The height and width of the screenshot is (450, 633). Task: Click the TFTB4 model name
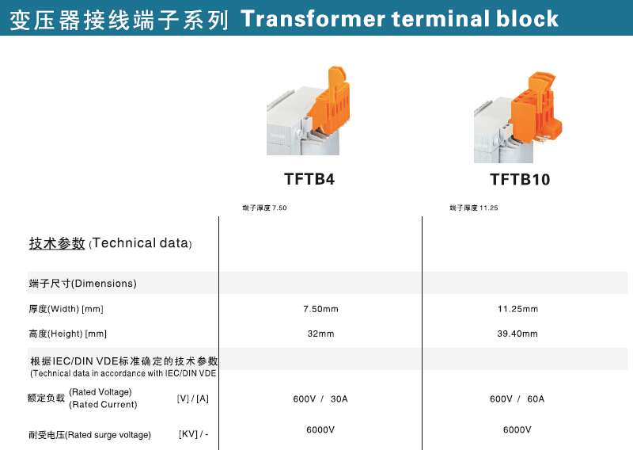[x=309, y=179]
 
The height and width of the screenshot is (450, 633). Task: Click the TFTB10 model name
[x=520, y=179]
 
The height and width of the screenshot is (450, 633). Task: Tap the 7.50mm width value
[x=320, y=309]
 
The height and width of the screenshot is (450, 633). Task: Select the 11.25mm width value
[x=517, y=309]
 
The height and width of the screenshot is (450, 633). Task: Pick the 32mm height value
[x=320, y=334]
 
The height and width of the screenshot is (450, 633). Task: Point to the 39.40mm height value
[x=517, y=334]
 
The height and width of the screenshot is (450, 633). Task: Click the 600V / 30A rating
[x=320, y=399]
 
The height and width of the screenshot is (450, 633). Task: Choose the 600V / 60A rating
[x=517, y=399]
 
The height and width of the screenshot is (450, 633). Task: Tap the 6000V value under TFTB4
[x=320, y=429]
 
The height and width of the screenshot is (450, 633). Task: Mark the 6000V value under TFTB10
[x=517, y=429]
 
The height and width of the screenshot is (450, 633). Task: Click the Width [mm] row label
[x=66, y=309]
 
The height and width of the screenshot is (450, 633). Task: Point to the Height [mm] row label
[x=67, y=334]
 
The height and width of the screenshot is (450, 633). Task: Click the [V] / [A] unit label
[x=192, y=399]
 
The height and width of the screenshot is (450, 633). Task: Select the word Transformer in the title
[x=313, y=18]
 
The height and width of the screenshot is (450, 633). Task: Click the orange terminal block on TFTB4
[x=328, y=102]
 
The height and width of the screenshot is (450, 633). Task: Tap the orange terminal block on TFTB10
[x=536, y=107]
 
